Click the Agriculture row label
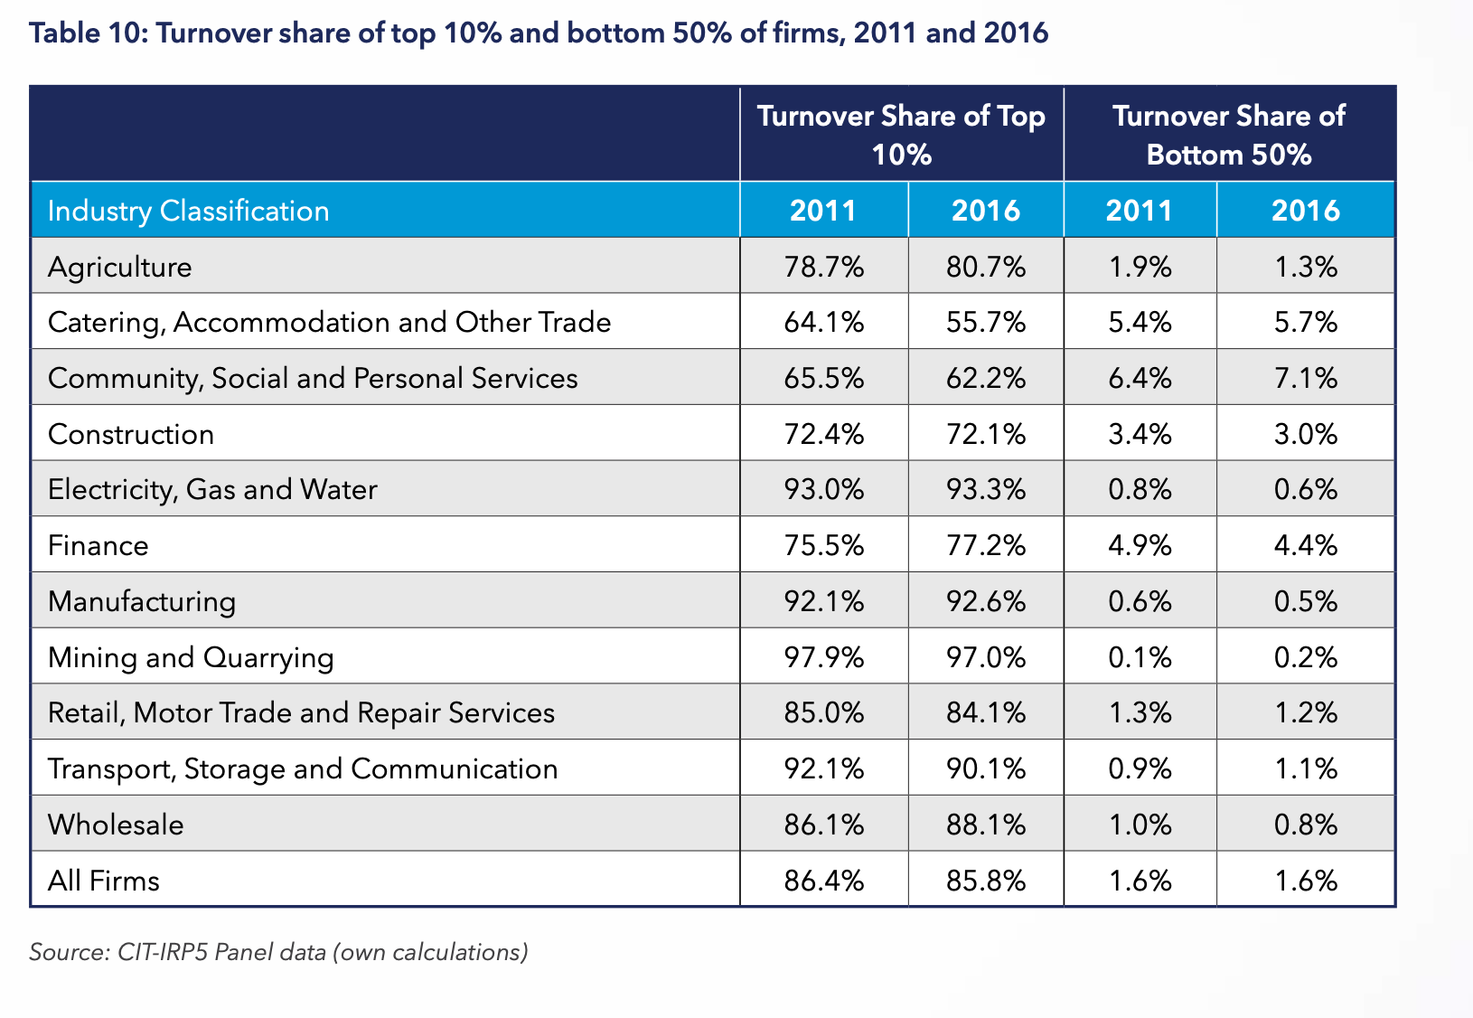coord(120,267)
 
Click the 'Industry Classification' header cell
coord(189,211)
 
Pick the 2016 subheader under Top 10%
coord(986,211)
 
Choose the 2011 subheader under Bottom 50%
coord(1140,211)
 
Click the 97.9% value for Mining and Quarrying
coord(824,657)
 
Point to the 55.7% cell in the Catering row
coord(986,323)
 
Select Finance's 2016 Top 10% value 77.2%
coord(986,545)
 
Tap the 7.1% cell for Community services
coord(1306,378)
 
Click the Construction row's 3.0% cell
coord(1306,434)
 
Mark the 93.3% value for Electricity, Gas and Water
coord(986,489)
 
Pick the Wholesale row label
coord(116,825)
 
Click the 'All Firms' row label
coord(104,881)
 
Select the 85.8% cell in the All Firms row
coord(986,881)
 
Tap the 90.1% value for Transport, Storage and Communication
coord(986,768)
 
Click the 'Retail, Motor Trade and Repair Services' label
coord(301,713)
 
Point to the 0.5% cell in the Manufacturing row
coord(1306,601)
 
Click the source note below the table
coord(278,952)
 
